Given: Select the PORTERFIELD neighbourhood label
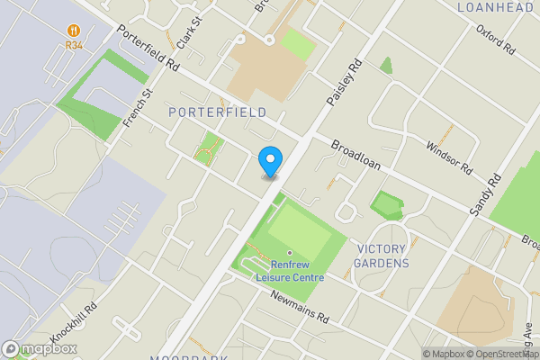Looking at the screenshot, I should [x=217, y=112].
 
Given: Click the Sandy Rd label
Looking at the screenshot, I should [x=484, y=194].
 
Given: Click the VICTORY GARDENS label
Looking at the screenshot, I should [x=382, y=256].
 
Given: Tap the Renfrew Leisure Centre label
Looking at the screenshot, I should [x=289, y=271].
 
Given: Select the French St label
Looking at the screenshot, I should [x=139, y=106].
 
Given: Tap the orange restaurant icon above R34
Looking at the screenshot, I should [x=74, y=29].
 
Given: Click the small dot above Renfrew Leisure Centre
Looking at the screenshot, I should [x=290, y=254].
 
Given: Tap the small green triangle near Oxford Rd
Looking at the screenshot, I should [x=386, y=66].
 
